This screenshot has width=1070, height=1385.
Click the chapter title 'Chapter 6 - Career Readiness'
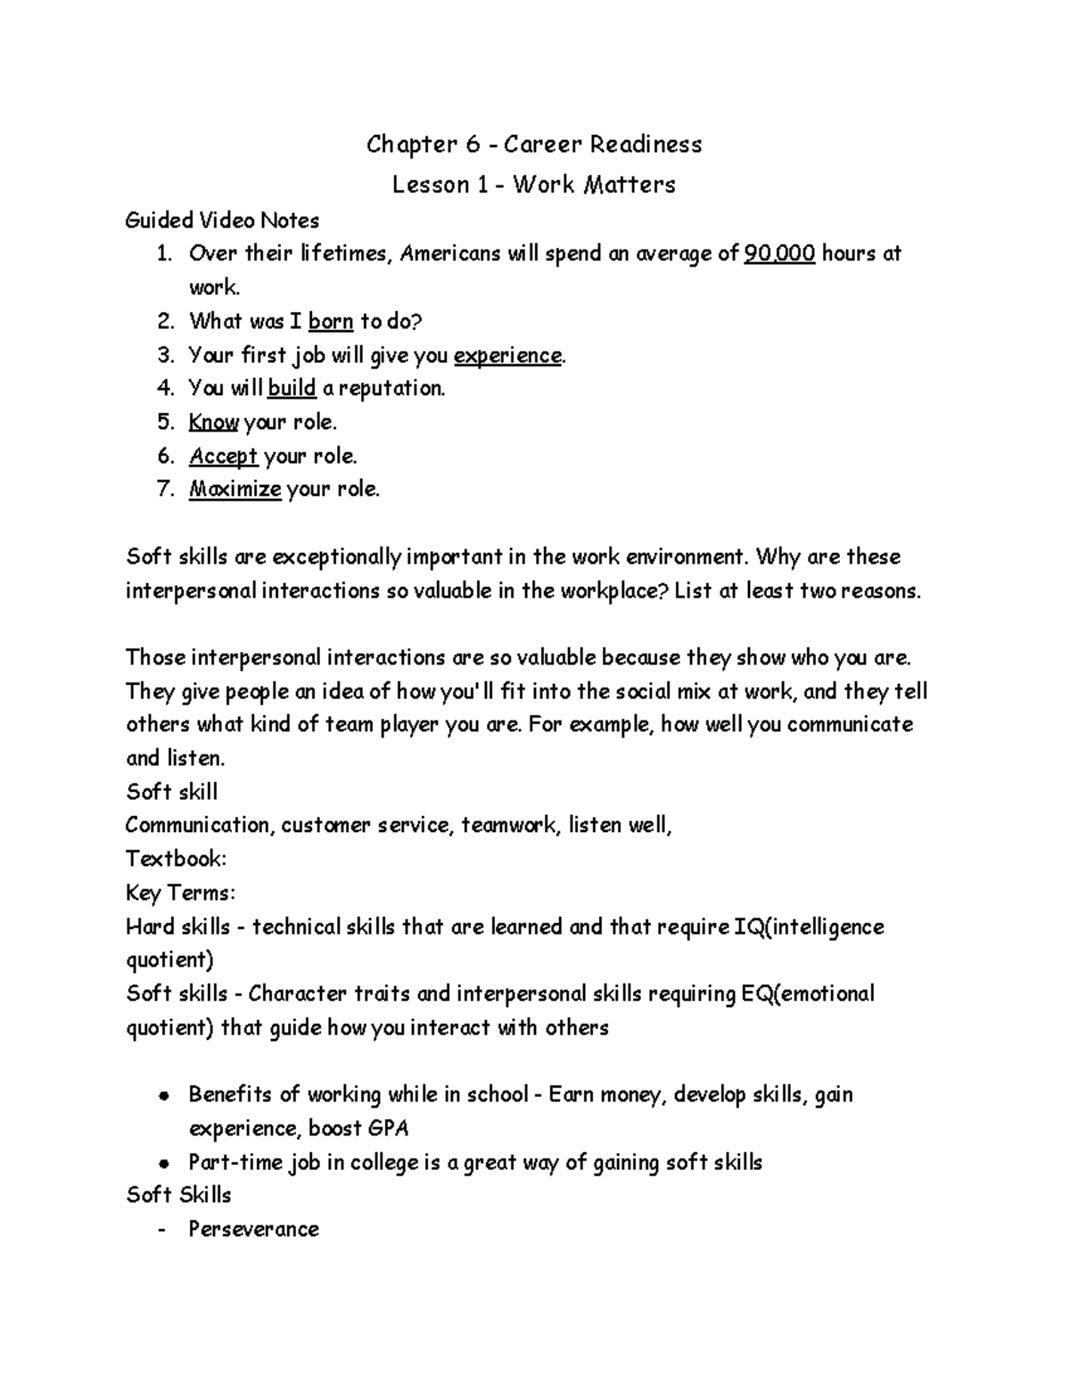[x=534, y=144]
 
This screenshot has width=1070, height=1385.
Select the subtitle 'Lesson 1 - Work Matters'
[x=534, y=185]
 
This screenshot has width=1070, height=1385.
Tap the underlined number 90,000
[x=778, y=254]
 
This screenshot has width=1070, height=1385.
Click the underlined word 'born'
[x=331, y=321]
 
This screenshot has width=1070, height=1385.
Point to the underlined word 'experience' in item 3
[x=507, y=355]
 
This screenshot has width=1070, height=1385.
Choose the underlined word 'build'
[x=292, y=389]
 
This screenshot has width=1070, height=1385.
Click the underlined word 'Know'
[x=213, y=423]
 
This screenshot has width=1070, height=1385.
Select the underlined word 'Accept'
[x=223, y=457]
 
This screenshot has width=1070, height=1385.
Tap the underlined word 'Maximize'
[x=235, y=490]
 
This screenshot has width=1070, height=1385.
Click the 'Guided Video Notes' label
[x=222, y=220]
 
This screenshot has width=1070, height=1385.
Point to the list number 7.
[x=164, y=490]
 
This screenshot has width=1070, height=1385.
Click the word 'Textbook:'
[x=176, y=859]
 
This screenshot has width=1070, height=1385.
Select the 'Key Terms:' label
[x=181, y=893]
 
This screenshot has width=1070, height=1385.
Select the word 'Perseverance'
[x=253, y=1230]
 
